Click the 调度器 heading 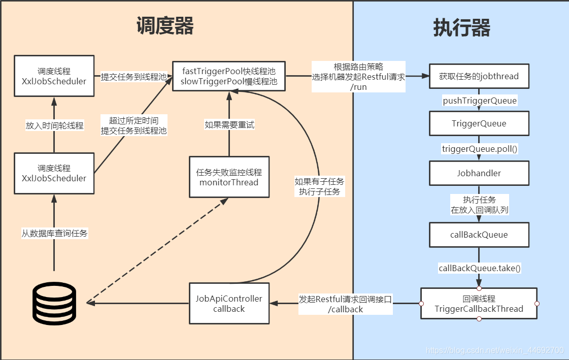coord(165,25)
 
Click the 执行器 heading coord(461,28)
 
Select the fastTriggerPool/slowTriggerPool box coord(229,76)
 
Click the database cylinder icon coord(54,303)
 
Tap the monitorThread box coord(229,177)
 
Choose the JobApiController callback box coord(229,303)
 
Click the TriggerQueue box coord(479,123)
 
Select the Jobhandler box coord(479,173)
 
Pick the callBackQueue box coord(479,235)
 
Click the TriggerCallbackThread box coord(479,304)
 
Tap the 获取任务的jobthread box coord(479,77)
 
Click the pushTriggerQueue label coord(480,101)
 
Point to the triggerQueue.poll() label coord(480,149)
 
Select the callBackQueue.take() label coord(480,268)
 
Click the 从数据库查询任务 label coord(54,234)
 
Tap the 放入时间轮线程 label coord(54,125)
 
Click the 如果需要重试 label coord(229,124)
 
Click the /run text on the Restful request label coord(358,87)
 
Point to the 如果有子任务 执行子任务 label coord(319,186)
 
